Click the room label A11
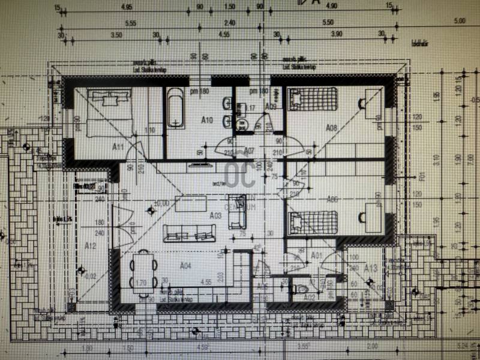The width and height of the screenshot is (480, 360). point(118,146)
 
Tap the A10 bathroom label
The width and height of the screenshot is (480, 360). point(206,120)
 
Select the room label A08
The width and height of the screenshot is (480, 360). point(332,127)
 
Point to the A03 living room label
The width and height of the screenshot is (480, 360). point(215,214)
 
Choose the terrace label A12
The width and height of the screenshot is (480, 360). point(91,245)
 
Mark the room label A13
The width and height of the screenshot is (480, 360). point(370,268)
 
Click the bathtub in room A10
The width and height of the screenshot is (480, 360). point(175,108)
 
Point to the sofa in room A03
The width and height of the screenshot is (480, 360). point(189,233)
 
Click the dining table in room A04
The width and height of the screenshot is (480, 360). point(143,272)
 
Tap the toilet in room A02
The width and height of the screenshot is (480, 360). point(299,289)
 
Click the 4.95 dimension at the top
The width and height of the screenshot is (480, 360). point(127,7)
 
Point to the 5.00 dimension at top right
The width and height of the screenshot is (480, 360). point(460,22)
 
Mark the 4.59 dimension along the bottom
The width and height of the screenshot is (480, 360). point(202,347)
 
